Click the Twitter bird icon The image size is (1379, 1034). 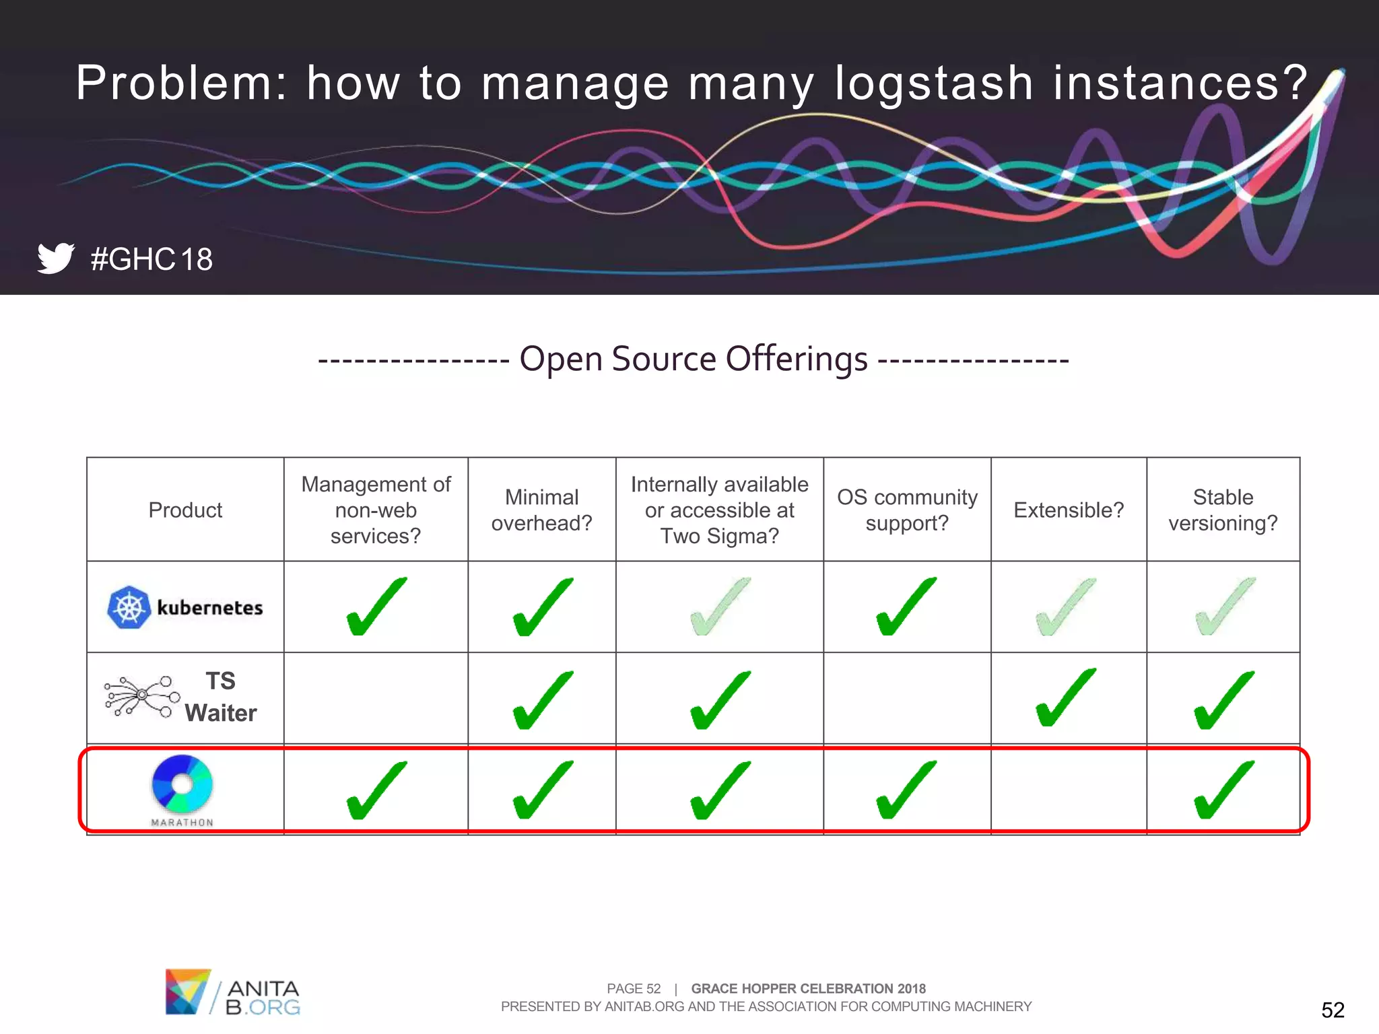[x=55, y=258]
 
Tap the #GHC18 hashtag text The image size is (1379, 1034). [x=152, y=259]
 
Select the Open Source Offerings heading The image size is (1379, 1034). [x=694, y=359]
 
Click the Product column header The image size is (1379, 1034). [x=185, y=510]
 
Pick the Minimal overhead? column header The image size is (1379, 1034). [x=541, y=510]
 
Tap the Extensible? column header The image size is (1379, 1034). [x=1069, y=510]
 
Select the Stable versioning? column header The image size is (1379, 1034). [x=1223, y=510]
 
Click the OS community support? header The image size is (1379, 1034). [x=907, y=510]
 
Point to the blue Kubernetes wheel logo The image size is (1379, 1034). [x=129, y=607]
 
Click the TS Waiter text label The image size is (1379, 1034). [x=221, y=697]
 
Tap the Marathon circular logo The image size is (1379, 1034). [x=182, y=784]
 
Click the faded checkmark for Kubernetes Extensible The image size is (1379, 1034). [x=1067, y=607]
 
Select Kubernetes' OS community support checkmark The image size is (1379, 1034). [x=906, y=607]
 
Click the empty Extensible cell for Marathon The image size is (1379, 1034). [x=1069, y=790]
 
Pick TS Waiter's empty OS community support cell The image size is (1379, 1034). [x=907, y=698]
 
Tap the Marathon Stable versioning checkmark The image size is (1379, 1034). [x=1223, y=790]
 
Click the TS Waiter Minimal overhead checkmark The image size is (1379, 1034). [x=542, y=700]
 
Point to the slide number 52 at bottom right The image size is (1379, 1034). [x=1333, y=1010]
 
